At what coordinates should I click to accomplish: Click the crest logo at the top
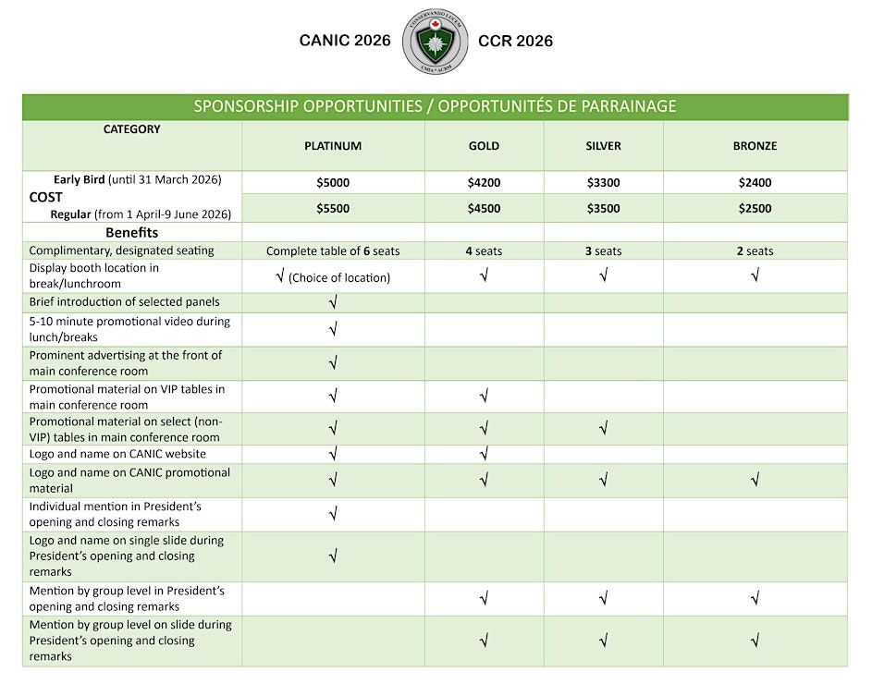tap(435, 43)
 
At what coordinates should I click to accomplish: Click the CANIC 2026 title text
tap(345, 41)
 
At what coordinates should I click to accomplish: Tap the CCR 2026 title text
tap(515, 41)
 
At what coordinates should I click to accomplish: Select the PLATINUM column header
tap(333, 146)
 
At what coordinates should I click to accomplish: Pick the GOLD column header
tap(484, 146)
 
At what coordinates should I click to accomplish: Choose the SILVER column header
tap(603, 146)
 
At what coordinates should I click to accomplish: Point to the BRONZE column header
tap(755, 146)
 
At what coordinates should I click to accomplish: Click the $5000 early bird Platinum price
tap(333, 183)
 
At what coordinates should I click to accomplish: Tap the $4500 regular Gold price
tap(484, 209)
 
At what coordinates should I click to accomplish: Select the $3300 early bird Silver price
tap(603, 183)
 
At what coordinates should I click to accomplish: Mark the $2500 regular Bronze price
tap(755, 209)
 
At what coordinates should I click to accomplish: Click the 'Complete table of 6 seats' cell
tap(333, 251)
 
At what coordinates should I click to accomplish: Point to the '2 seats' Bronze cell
tap(755, 251)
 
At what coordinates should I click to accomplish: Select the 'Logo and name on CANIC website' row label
tap(117, 454)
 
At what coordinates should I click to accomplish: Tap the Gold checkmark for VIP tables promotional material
tap(484, 397)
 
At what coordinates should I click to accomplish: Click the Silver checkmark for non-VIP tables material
tap(603, 428)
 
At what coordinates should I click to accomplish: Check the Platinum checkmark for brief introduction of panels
tap(333, 302)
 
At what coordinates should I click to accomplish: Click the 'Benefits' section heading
tap(131, 233)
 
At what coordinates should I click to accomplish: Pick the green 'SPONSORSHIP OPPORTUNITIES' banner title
tap(435, 106)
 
